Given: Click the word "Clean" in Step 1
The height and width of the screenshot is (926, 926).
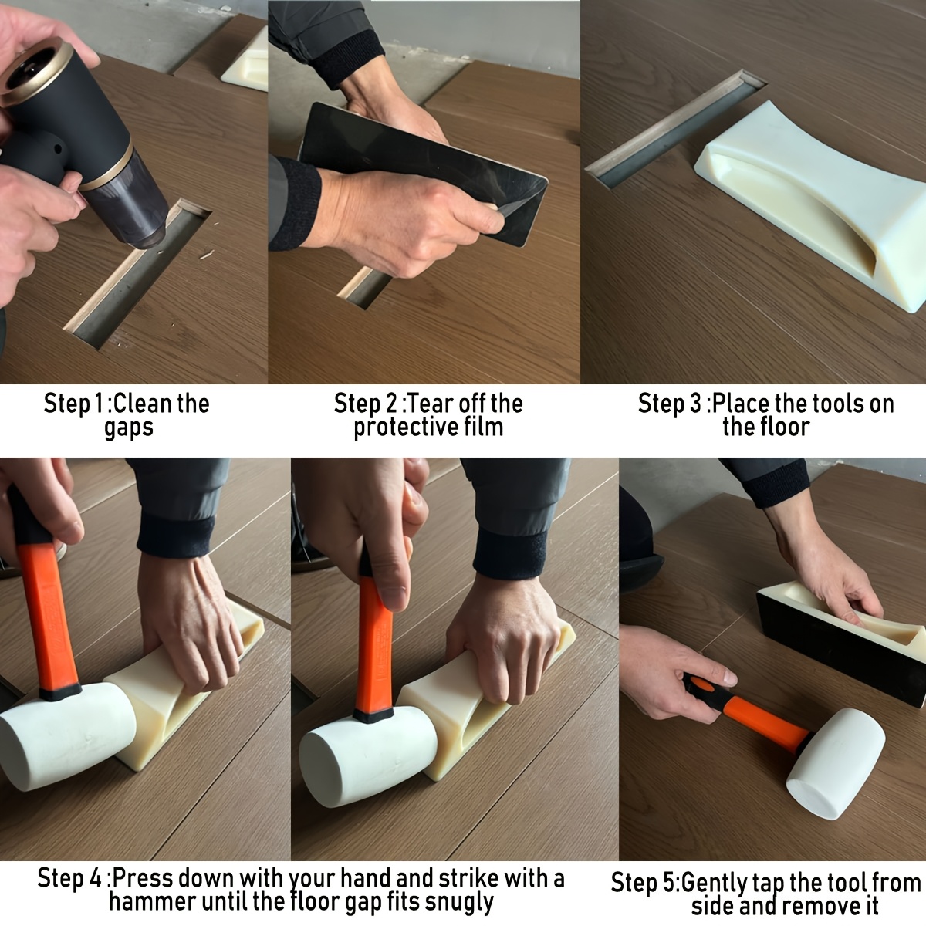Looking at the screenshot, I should click(x=143, y=404).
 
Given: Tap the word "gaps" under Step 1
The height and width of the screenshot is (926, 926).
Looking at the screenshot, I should click(x=128, y=428).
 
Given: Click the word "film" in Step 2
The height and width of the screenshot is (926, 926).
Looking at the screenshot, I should click(x=484, y=427).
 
